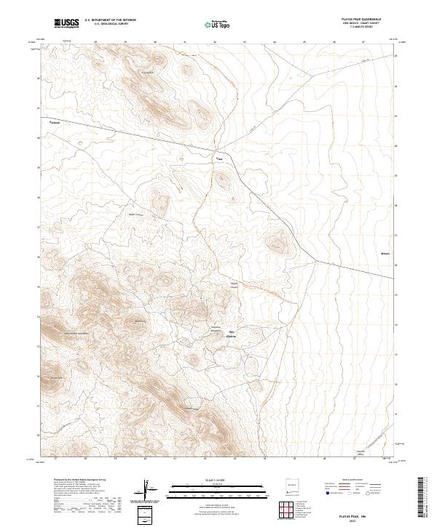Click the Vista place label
[x=217, y=156]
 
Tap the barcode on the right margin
[x=424, y=498]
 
